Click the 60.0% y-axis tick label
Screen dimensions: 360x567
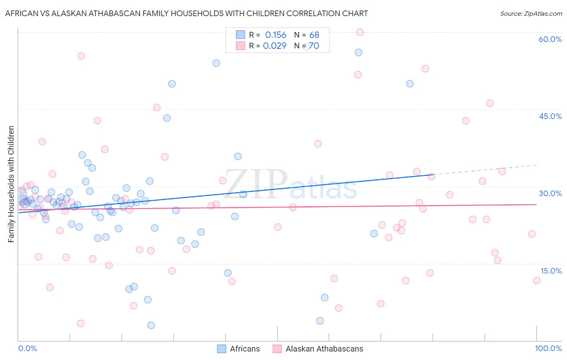point(550,39)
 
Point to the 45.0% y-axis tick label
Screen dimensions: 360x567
point(550,116)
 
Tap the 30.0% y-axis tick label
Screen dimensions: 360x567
point(550,193)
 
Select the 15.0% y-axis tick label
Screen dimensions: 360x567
point(551,271)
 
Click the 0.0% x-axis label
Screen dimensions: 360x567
point(27,348)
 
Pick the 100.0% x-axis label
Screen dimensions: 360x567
point(548,348)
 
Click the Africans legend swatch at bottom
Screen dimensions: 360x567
point(221,349)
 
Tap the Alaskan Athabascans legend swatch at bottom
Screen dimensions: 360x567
point(277,349)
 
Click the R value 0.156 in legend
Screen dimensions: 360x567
point(275,35)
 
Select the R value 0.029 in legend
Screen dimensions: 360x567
point(275,46)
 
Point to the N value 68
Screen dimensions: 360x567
point(314,35)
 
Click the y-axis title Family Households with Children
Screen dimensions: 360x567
point(11,184)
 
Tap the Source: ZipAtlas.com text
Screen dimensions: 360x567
point(531,14)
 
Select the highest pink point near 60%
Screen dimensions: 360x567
point(360,32)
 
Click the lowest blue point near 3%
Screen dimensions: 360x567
point(151,325)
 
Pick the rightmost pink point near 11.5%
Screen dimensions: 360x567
point(537,280)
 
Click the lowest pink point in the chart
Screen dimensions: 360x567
point(81,323)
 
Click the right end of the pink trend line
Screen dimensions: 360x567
point(536,204)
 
